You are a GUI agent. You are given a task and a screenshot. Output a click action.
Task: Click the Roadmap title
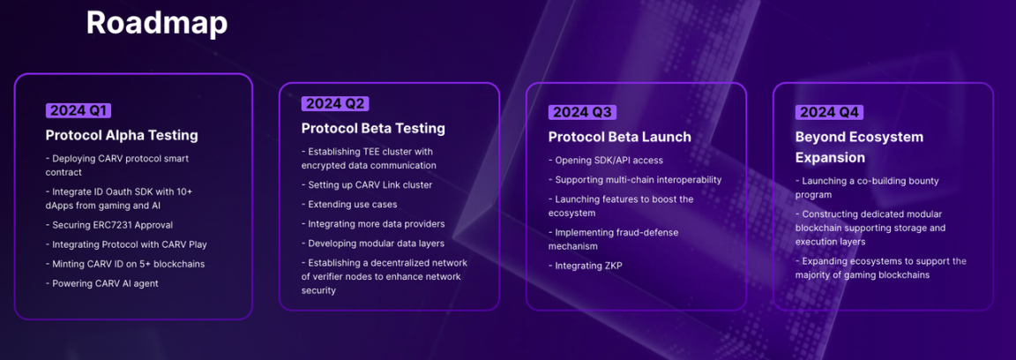click(157, 23)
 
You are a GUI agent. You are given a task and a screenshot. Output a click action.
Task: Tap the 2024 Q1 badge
click(78, 111)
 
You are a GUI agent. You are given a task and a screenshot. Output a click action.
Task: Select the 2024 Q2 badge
click(335, 104)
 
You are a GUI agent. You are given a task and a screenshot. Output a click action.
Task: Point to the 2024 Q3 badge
click(582, 112)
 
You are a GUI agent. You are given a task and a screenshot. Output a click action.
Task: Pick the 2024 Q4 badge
click(829, 112)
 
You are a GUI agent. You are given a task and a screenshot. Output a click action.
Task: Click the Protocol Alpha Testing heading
click(122, 136)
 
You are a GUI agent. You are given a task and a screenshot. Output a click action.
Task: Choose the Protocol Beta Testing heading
click(373, 129)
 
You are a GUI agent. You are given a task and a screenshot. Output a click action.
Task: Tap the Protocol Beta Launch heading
click(620, 137)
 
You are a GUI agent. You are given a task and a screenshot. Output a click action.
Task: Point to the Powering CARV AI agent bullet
click(101, 283)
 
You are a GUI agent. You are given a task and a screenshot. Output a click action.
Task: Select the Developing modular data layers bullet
click(372, 244)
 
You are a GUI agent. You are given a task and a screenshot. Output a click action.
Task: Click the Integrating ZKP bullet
click(585, 266)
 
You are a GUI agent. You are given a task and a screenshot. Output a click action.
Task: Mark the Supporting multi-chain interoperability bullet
click(635, 180)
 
